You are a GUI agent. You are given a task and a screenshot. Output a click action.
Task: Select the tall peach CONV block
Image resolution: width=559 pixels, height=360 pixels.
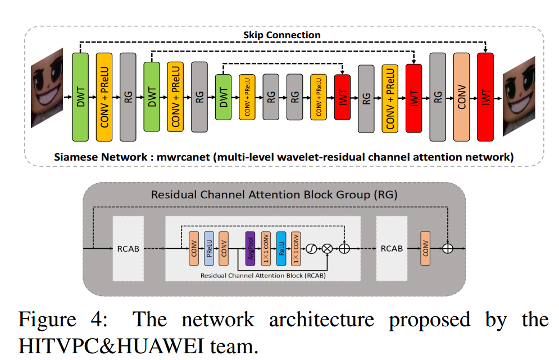coord(461,96)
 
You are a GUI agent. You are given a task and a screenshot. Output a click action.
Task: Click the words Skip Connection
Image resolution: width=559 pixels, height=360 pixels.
coord(281,35)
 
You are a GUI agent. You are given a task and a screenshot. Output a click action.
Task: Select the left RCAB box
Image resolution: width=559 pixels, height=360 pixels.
coord(130,248)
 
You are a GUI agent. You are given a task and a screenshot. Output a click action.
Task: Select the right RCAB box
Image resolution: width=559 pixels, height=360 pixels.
coord(392,248)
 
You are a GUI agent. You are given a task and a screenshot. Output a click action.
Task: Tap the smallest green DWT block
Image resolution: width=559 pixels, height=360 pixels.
coord(224,97)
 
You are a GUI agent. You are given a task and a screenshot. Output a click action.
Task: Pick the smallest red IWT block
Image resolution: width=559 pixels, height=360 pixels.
coord(342,97)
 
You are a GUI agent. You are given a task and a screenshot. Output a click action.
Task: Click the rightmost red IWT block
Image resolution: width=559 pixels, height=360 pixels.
coord(485,97)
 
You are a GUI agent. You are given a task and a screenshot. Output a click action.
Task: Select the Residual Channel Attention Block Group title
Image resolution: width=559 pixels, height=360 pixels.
coord(274,195)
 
